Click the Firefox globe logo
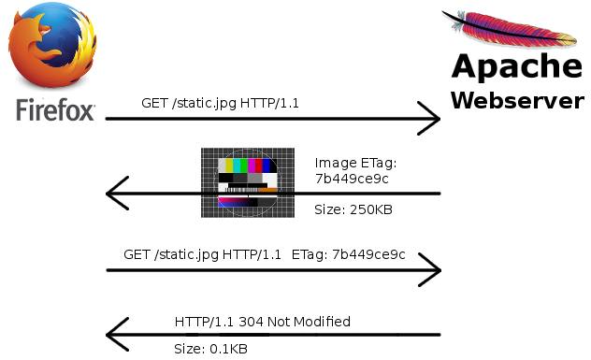click(x=52, y=45)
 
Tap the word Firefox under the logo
click(x=55, y=110)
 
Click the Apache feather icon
click(x=510, y=29)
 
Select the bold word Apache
click(x=517, y=67)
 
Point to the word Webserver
click(x=517, y=101)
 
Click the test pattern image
click(x=248, y=182)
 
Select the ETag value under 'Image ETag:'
click(x=352, y=179)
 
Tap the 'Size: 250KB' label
click(x=353, y=209)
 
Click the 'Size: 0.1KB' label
click(x=210, y=349)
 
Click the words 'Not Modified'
click(x=309, y=322)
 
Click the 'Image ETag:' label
click(x=355, y=164)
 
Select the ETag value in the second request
click(x=368, y=255)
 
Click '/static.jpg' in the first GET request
click(x=204, y=104)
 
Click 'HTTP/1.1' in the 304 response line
click(x=204, y=322)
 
